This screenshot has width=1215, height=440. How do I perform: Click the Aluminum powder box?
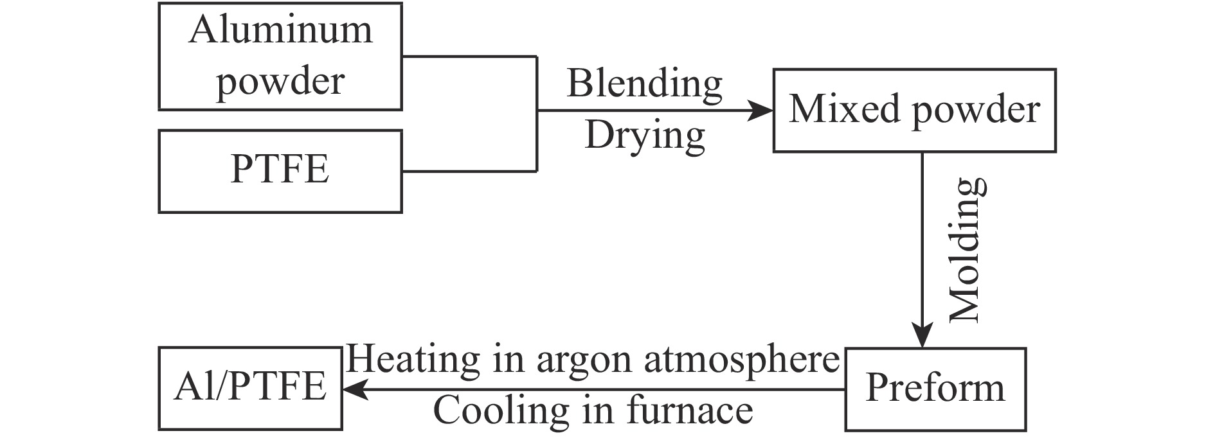point(280,57)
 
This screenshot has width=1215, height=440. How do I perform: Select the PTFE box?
point(280,171)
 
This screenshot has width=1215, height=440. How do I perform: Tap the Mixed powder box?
point(914,110)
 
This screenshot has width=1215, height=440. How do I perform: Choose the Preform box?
point(935,389)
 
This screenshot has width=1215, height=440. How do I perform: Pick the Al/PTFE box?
point(250,389)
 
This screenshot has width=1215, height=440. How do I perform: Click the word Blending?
point(644,84)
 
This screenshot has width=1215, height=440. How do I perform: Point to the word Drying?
point(644,136)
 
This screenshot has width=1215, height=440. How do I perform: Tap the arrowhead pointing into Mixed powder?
point(761,110)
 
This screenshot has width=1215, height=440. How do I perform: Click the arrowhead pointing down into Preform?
point(923,336)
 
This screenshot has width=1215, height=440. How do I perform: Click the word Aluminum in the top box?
point(280,30)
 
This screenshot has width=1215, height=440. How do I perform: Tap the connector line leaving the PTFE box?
point(469,172)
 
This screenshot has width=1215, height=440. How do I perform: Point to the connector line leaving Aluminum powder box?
point(469,57)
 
